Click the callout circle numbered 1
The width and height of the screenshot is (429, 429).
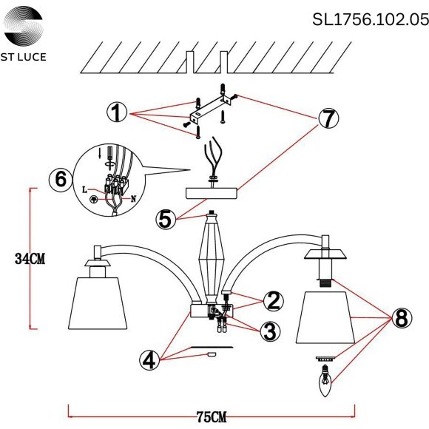116,113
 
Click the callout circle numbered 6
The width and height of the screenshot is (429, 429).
61,179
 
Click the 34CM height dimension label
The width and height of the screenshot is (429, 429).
30,258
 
